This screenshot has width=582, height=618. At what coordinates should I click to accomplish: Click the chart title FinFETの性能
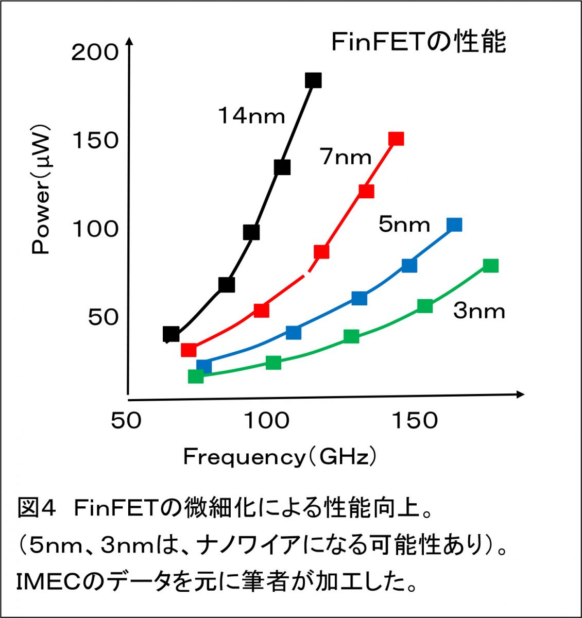[418, 43]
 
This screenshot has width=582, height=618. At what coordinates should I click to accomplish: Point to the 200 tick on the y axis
[95, 53]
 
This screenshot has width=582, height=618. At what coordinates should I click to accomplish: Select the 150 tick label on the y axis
[95, 141]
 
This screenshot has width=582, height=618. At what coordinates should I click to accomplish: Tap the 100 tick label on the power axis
[95, 229]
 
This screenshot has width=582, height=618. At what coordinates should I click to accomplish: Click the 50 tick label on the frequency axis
[126, 421]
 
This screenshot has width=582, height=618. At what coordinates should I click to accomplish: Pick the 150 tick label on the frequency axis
[415, 421]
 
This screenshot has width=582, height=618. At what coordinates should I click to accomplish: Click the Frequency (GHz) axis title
[280, 457]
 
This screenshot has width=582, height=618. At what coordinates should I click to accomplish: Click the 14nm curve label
[251, 116]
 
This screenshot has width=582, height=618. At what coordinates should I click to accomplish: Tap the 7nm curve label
[346, 157]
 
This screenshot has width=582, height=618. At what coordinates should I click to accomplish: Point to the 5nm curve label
[404, 225]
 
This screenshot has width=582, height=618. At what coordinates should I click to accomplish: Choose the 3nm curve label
[479, 311]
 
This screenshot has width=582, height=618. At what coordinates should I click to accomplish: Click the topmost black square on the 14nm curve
[313, 80]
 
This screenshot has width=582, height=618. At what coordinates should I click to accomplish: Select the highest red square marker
[396, 139]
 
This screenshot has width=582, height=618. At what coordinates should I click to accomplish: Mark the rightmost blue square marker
[454, 225]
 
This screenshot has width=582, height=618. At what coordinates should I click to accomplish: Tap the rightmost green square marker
[491, 266]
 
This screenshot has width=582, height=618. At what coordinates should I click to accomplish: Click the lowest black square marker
[171, 334]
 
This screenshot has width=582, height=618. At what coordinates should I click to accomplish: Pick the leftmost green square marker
[196, 376]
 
